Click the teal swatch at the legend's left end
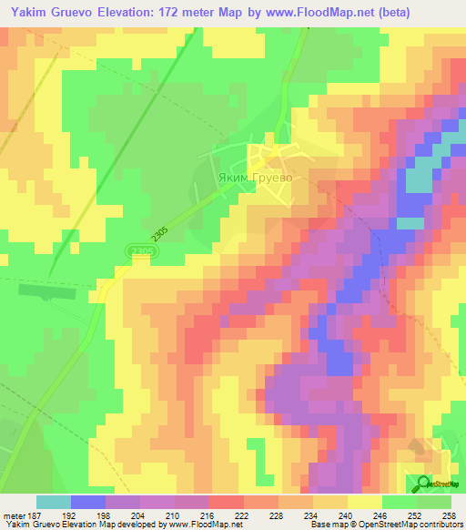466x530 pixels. pos(54,502)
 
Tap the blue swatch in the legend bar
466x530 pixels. pos(88,502)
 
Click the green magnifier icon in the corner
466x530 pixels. pos(425,484)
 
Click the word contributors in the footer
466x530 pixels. pos(441,525)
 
